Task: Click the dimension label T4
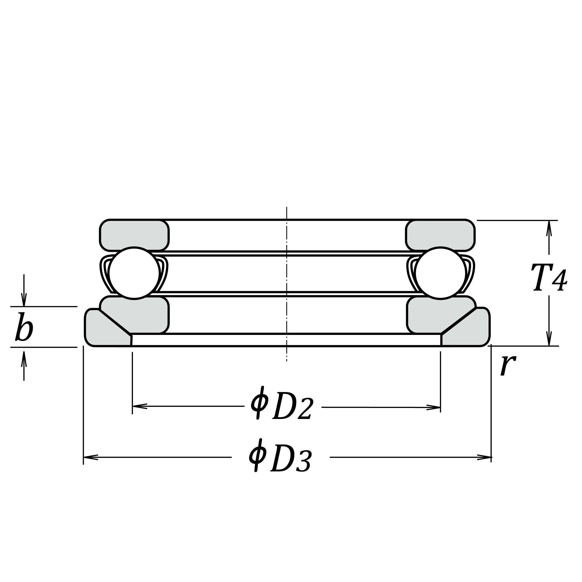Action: [x=549, y=277]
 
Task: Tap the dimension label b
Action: [x=24, y=327]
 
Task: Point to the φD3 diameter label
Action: [x=280, y=456]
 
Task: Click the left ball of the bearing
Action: [x=134, y=273]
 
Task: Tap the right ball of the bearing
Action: [x=440, y=273]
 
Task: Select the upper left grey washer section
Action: [x=134, y=235]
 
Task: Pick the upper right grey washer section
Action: [x=440, y=235]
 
